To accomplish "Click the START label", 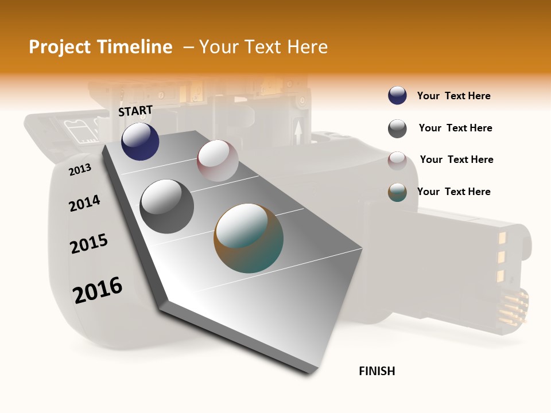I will (135, 111).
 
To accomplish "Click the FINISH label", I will (377, 371).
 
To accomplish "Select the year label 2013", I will (80, 169).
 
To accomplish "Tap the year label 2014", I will (84, 203).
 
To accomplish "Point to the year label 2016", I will (98, 290).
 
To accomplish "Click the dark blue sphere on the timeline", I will (140, 142).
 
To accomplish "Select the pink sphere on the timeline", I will (218, 161).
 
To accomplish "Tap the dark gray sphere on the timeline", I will (166, 206).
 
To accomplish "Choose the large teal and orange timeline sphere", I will (249, 238).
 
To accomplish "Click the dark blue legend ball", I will (397, 96).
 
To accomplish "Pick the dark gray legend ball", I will (397, 128).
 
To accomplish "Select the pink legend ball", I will (397, 160).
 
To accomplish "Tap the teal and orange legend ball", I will (397, 192).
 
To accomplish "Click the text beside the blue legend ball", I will (453, 96).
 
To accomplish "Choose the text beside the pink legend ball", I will (456, 159).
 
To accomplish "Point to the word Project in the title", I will (60, 47).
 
